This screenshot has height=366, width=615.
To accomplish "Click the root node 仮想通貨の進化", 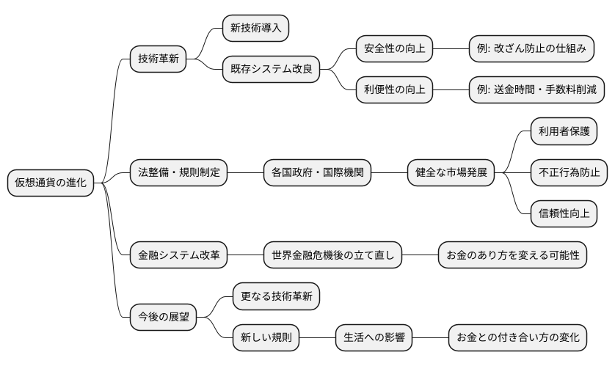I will (51, 183).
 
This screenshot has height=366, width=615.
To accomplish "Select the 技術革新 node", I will (157, 59).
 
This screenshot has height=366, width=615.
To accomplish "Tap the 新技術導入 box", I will (256, 29).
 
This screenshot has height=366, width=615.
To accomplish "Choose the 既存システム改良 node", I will (271, 70).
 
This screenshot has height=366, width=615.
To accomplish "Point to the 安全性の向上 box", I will (394, 49).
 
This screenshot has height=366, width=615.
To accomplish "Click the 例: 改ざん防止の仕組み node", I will (530, 49).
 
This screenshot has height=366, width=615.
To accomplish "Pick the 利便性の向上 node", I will (394, 90).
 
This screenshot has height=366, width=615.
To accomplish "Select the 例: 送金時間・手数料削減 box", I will (536, 90).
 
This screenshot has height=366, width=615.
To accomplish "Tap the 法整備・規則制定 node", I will (178, 173).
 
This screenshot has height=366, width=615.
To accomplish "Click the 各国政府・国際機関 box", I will (317, 173).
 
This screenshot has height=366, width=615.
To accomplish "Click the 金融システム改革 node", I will (178, 255).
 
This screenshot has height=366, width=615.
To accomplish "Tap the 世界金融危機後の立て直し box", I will (332, 255).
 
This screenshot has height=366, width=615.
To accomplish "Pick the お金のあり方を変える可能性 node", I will (512, 255).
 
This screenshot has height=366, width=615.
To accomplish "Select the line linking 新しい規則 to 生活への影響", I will (318, 337).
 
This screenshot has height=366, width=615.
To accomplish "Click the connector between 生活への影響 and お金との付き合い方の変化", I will (430, 337).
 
